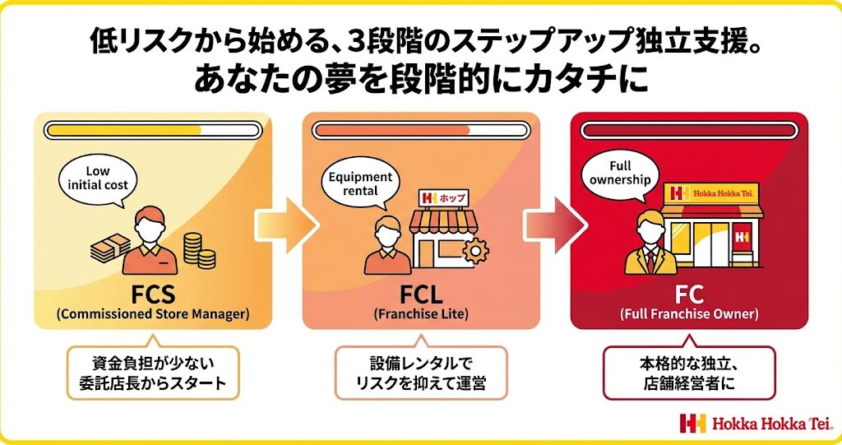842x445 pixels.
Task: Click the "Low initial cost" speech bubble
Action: pyautogui.click(x=97, y=178)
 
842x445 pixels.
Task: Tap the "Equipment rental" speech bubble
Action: pyautogui.click(x=359, y=183)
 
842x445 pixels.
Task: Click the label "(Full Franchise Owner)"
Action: pyautogui.click(x=688, y=314)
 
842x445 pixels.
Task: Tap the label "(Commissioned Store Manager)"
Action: pyautogui.click(x=153, y=314)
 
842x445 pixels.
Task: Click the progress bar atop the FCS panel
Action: pyautogui.click(x=153, y=130)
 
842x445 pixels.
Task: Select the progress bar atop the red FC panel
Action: pyautogui.click(x=688, y=130)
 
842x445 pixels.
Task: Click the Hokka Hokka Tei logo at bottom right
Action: pyautogui.click(x=756, y=424)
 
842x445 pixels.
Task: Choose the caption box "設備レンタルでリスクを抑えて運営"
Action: pyautogui.click(x=420, y=373)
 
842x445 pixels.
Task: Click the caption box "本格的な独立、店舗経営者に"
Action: pyautogui.click(x=688, y=373)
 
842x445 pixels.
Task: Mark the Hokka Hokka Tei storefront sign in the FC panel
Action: pyautogui.click(x=712, y=193)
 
